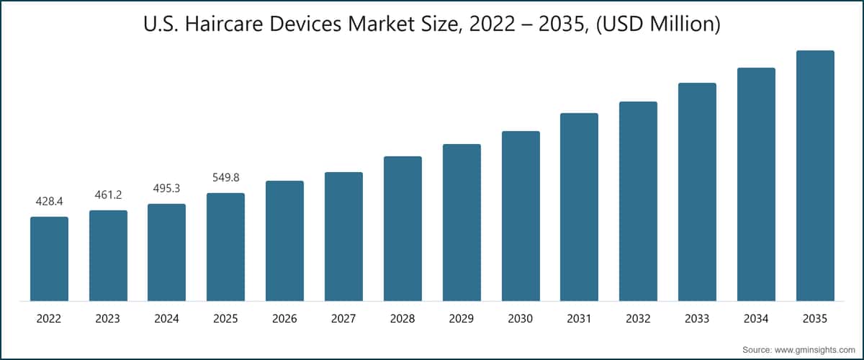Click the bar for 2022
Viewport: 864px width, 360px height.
click(49, 258)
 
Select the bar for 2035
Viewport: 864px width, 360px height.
click(815, 176)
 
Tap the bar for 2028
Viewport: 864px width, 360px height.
click(402, 228)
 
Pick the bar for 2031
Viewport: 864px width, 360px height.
click(580, 207)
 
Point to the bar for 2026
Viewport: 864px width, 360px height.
click(284, 240)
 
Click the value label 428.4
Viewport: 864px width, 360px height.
click(49, 202)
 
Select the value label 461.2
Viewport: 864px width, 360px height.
click(108, 195)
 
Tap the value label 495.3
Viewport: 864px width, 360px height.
click(167, 189)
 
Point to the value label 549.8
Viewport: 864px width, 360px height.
click(225, 178)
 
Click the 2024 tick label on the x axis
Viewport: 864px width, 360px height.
click(167, 318)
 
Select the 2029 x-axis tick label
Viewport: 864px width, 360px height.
click(462, 318)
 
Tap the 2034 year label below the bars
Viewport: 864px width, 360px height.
click(756, 318)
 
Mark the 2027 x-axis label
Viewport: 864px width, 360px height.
click(343, 318)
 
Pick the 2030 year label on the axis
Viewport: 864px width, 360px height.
click(521, 318)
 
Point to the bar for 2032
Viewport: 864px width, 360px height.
click(638, 201)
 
